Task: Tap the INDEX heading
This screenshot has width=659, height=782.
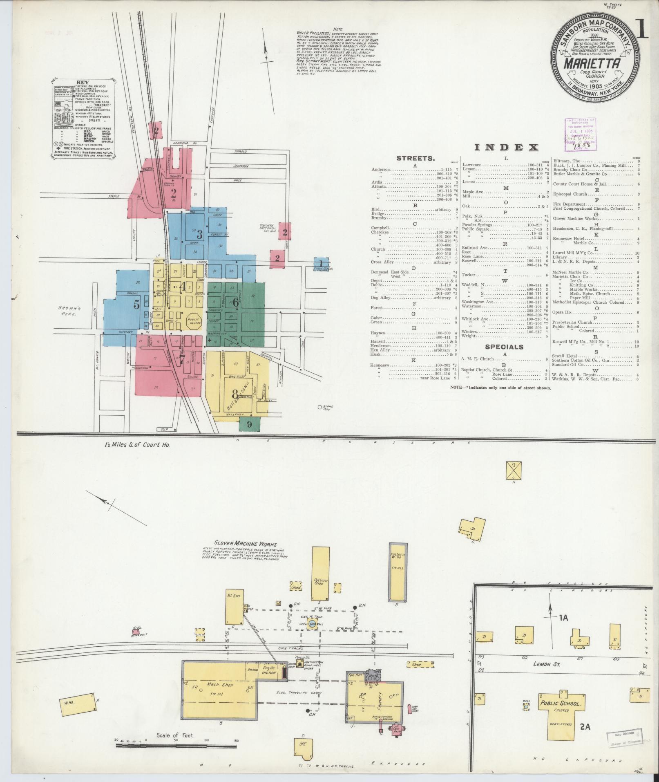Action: point(507,148)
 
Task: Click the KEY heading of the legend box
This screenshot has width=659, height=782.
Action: point(83,82)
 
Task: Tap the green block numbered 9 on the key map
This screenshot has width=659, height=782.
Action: point(249,423)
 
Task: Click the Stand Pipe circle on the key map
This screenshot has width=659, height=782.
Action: point(320,407)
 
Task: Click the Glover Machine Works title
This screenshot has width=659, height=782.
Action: point(245,544)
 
